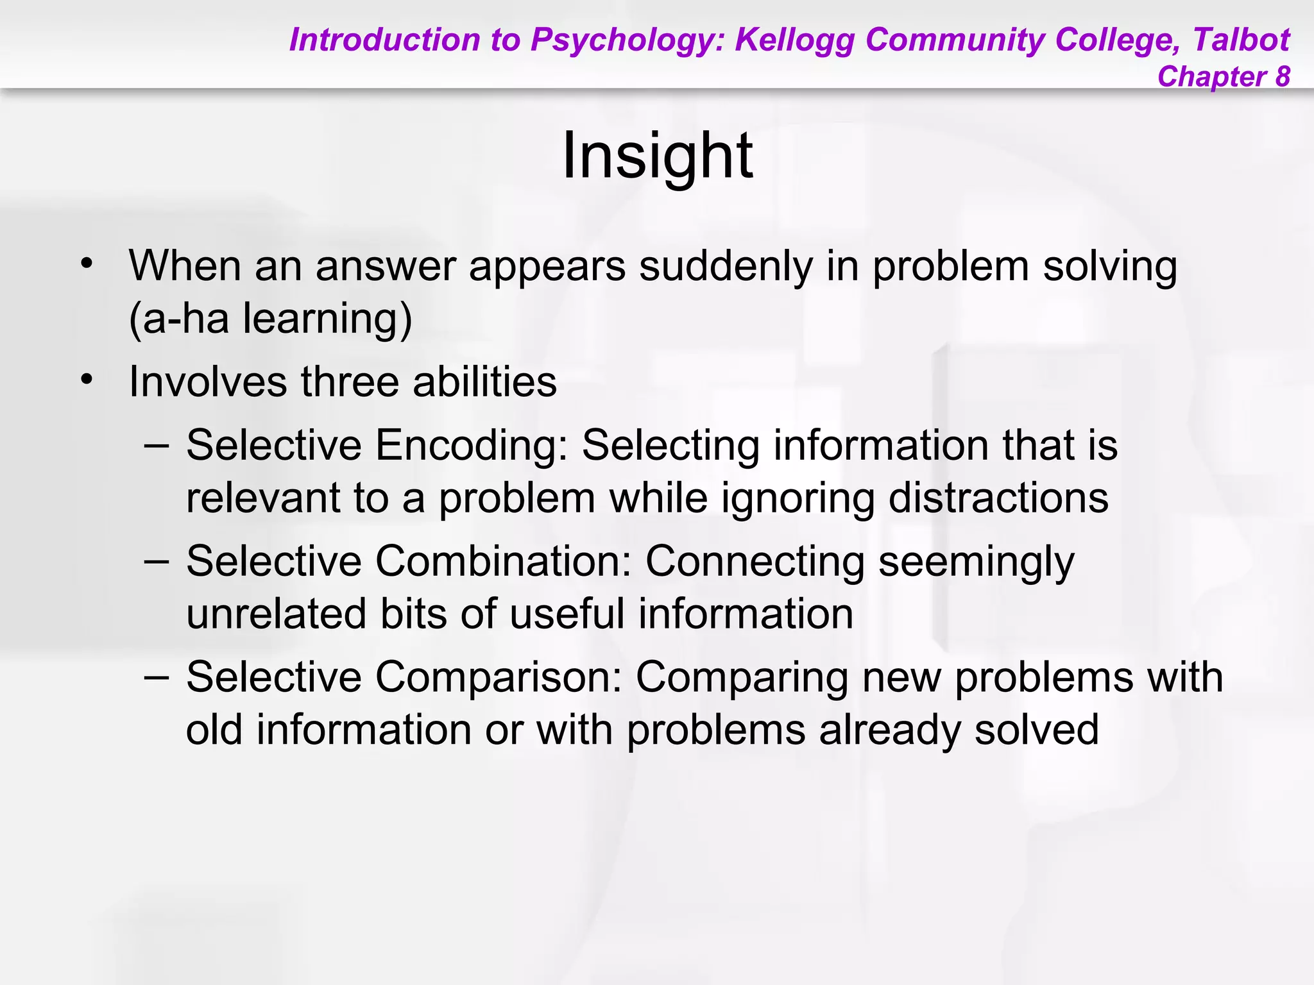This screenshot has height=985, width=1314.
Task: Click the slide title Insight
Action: coord(657,155)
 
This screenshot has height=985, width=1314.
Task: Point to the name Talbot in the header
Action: coord(1241,40)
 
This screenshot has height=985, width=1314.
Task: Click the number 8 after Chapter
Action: coord(1282,76)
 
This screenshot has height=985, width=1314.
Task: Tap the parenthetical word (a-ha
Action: coord(179,318)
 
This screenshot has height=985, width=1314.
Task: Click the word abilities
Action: coord(484,382)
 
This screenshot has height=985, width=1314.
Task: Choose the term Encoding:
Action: coord(472,446)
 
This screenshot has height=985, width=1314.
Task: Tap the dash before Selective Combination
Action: coord(157,560)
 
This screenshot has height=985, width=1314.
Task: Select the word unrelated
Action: coord(276,614)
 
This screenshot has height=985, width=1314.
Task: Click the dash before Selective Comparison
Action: coord(157,677)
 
